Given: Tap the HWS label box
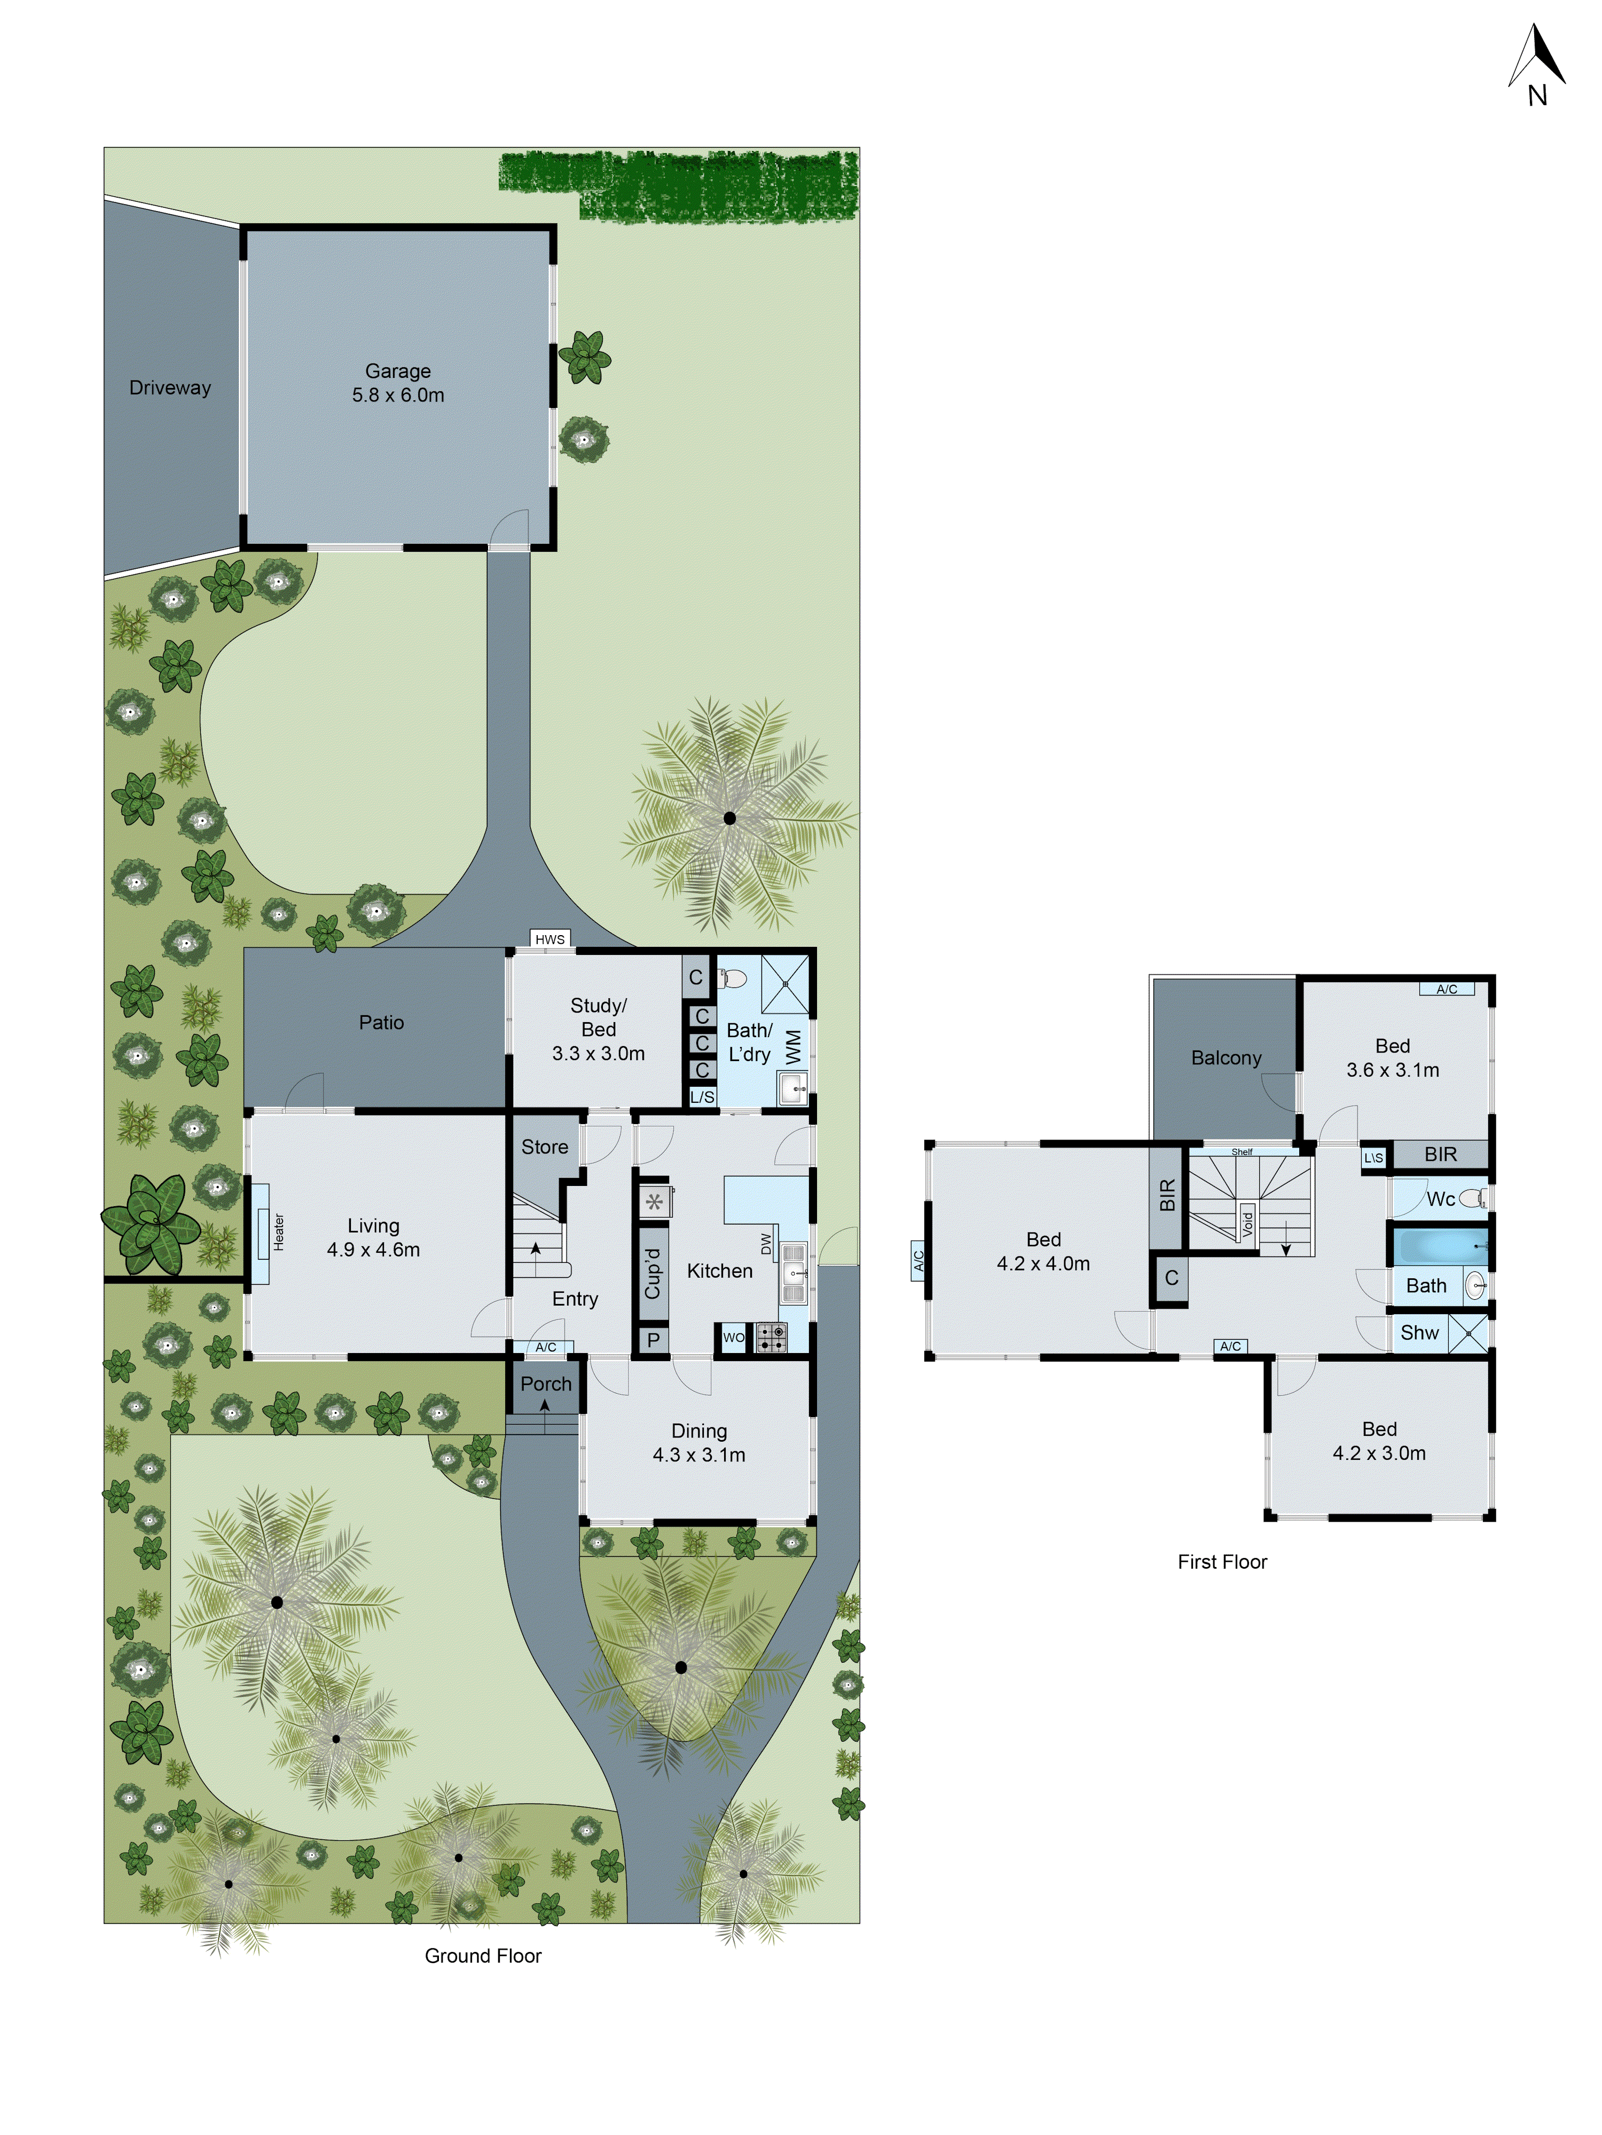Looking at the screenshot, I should tap(549, 939).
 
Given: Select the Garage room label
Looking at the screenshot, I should tap(398, 371).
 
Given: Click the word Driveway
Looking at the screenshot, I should tap(170, 388).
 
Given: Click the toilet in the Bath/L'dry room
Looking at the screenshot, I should tap(733, 979).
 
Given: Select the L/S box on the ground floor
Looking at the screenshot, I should tap(702, 1096).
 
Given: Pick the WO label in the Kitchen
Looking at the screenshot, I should tap(734, 1338).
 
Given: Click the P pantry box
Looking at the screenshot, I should tap(654, 1340).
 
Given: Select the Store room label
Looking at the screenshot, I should tap(545, 1146).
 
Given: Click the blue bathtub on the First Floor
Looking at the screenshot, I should tap(1439, 1246).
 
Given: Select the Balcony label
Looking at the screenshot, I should tap(1226, 1058).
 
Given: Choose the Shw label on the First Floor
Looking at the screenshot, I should tap(1419, 1333).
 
